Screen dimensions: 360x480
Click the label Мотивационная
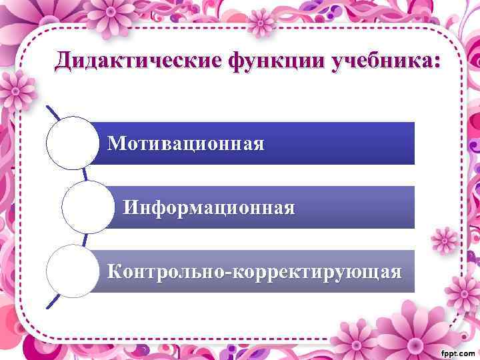186,143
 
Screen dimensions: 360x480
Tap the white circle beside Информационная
87,207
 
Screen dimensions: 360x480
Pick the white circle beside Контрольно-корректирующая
72,271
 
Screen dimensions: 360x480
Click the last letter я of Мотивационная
257,144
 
